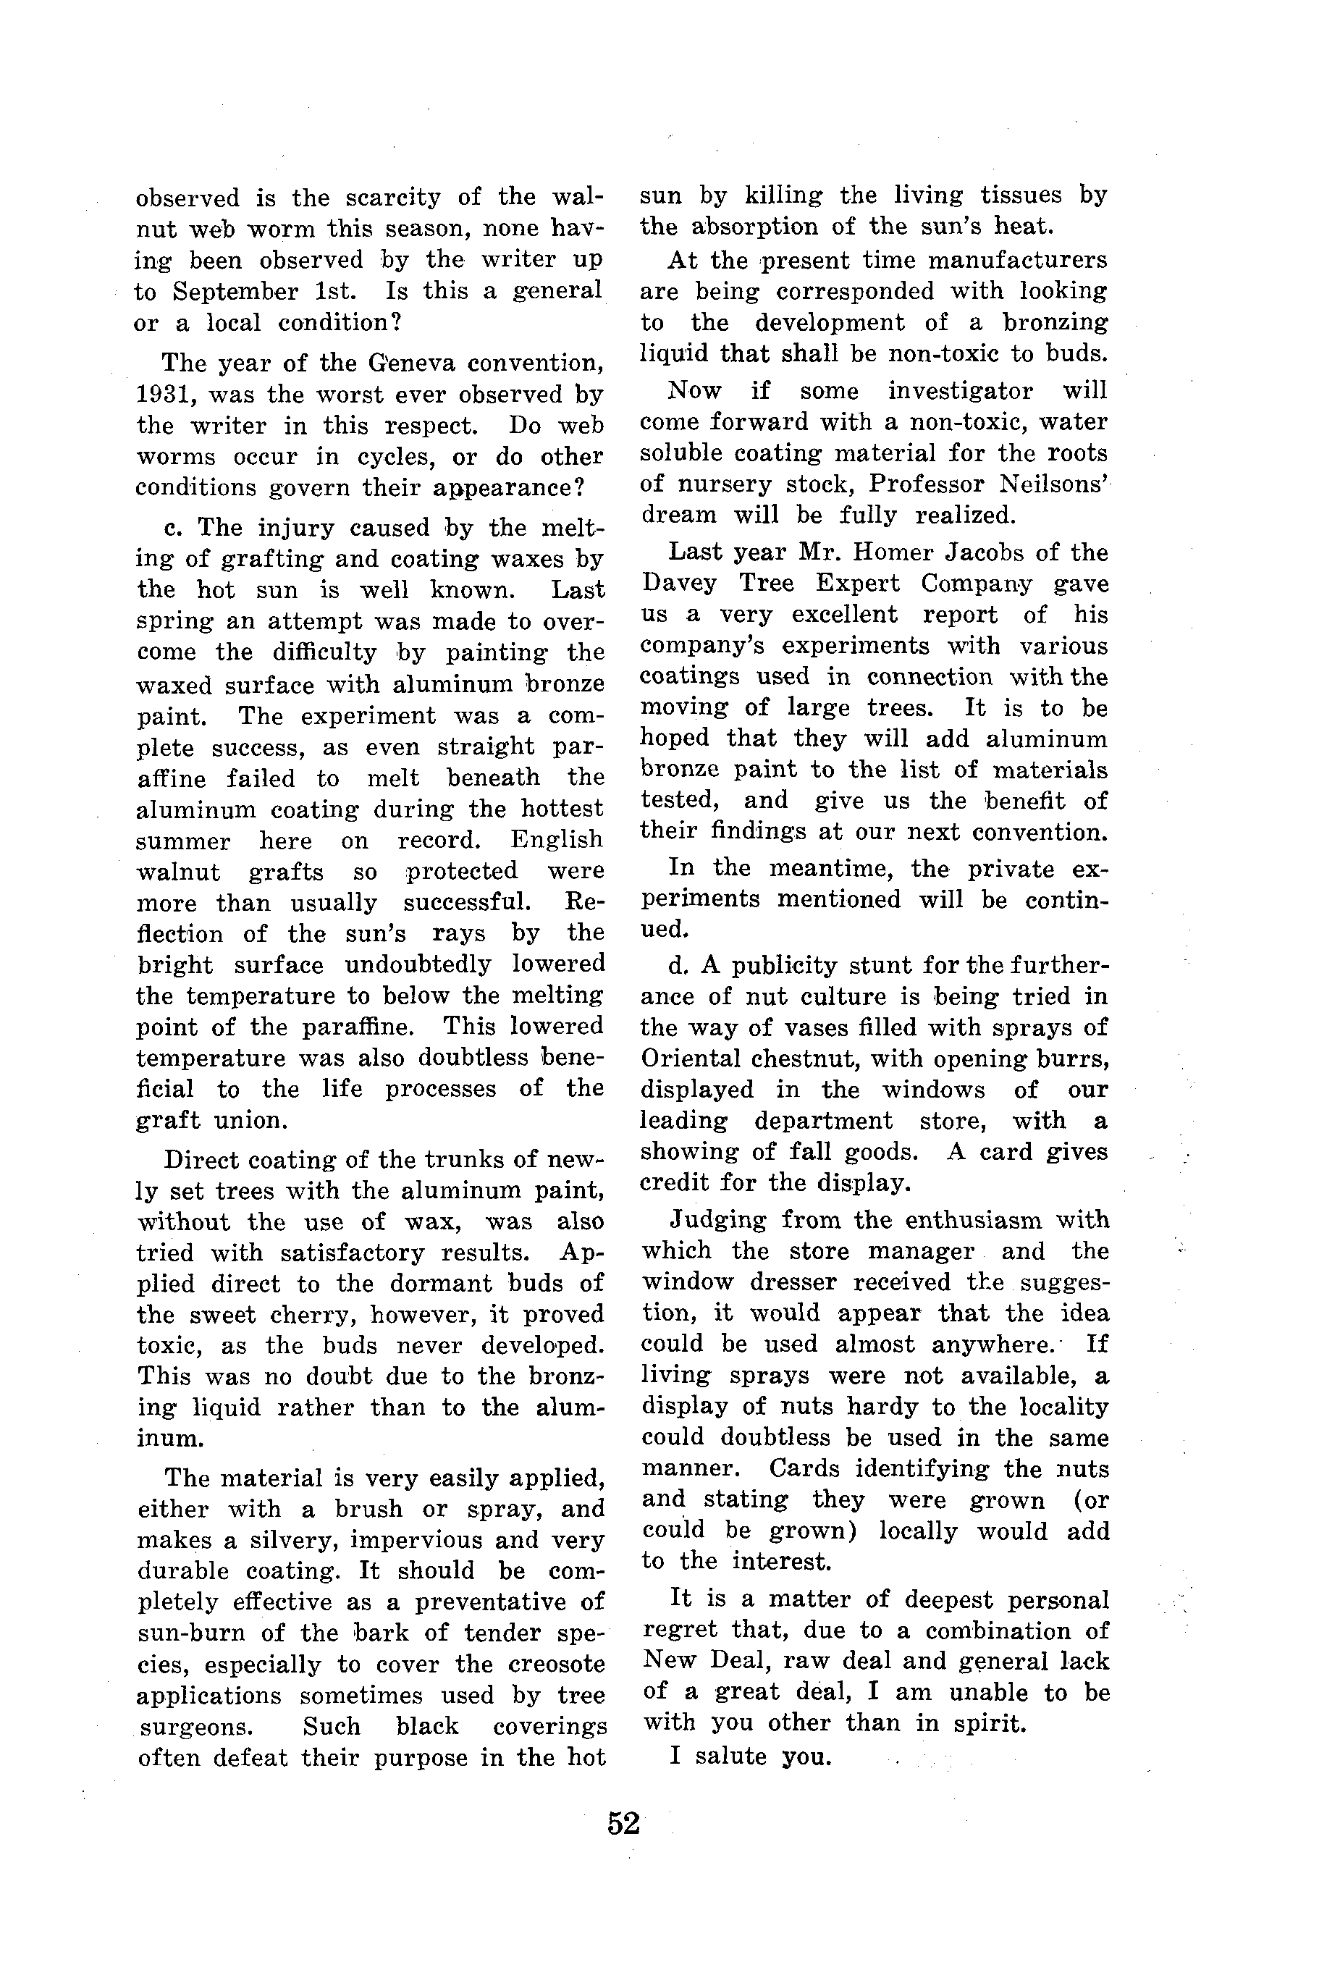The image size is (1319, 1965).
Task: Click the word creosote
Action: (x=557, y=1665)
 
